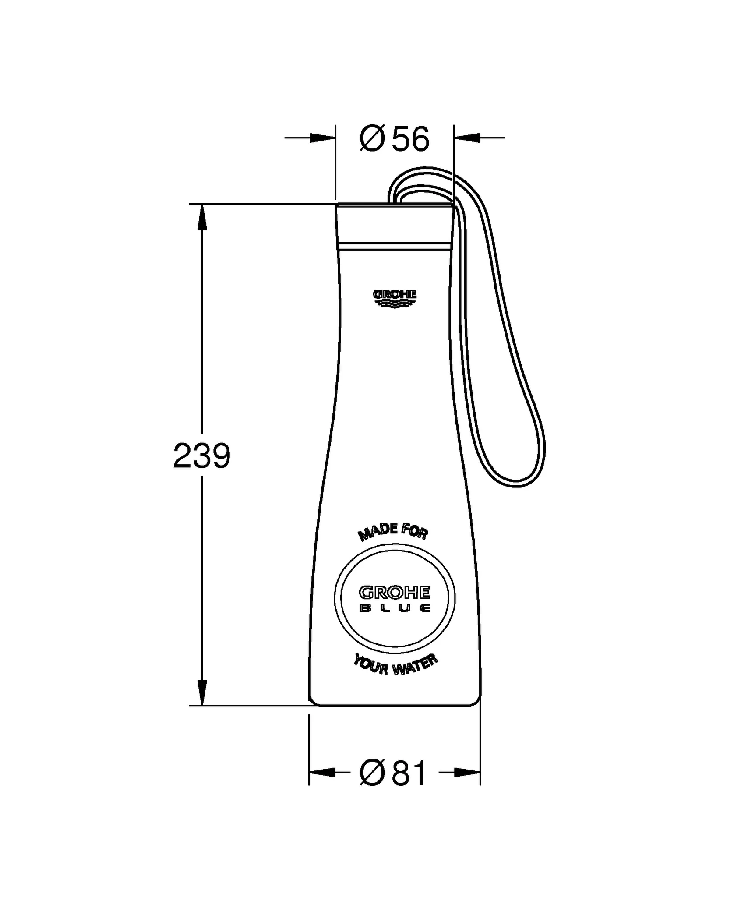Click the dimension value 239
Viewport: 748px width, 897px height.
pos(201,456)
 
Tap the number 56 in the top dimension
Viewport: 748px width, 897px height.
pos(410,139)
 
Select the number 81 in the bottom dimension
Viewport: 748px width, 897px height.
pos(409,773)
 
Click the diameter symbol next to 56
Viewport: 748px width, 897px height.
pos(372,139)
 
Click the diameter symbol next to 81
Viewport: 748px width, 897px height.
pos(372,773)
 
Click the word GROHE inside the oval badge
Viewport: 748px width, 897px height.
pos(395,593)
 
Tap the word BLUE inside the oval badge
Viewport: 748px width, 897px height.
pos(395,608)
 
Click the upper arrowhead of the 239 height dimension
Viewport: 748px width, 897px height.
pos(201,217)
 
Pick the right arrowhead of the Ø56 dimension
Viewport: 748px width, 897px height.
pos(467,138)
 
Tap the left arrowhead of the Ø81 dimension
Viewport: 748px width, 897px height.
pos(322,773)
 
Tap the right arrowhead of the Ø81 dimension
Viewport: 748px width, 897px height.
pos(467,773)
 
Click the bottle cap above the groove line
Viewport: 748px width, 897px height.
pos(394,223)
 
